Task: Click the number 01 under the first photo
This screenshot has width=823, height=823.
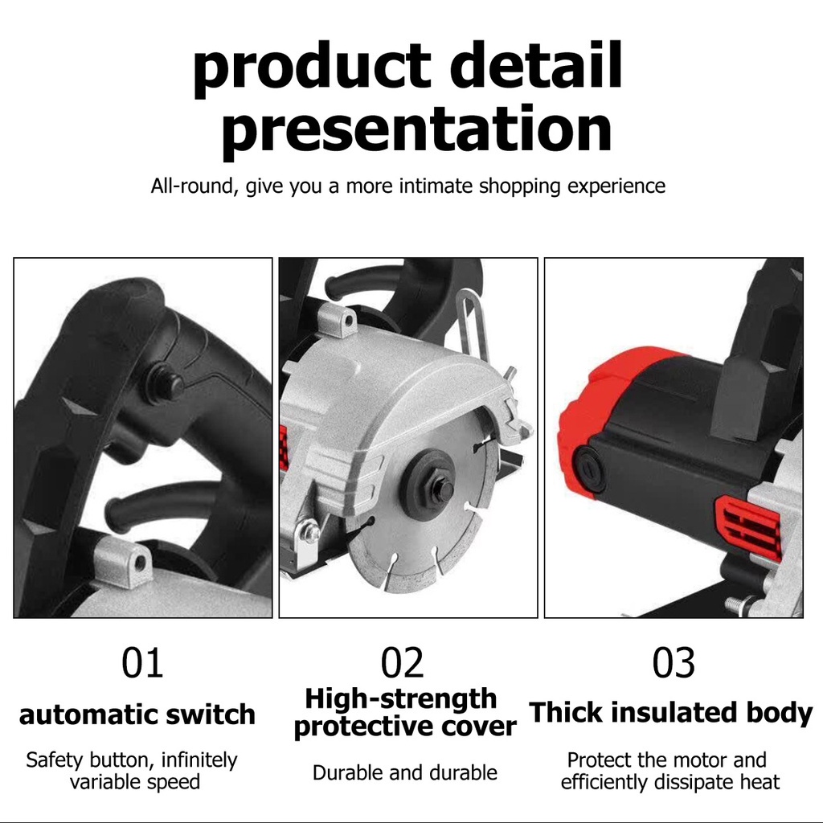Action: point(142,662)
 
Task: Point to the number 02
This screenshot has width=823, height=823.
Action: point(402,662)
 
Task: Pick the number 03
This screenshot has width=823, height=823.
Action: point(674,662)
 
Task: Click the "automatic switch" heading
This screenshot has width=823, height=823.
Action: point(137,714)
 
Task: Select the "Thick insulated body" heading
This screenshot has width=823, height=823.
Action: point(671,714)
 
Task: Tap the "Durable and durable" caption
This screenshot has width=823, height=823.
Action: point(405,772)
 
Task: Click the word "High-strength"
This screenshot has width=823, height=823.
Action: point(401,699)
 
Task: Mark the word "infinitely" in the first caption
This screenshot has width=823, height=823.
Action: point(199,760)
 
